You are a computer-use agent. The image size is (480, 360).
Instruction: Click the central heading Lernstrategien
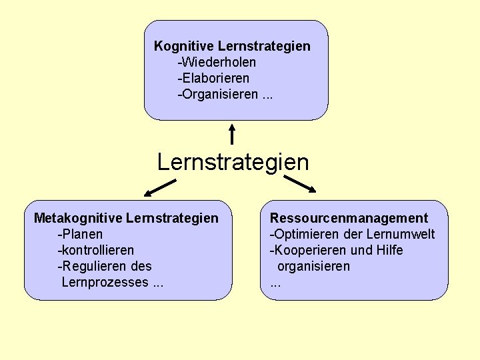pos(233,162)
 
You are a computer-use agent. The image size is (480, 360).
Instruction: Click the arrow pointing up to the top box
pos(232,134)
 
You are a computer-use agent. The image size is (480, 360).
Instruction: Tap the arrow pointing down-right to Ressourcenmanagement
pos(299,184)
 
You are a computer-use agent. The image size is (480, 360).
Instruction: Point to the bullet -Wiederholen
pos(217,62)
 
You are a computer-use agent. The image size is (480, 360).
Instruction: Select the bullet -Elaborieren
pos(213,78)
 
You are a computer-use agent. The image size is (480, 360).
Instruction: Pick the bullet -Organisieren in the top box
pos(217,94)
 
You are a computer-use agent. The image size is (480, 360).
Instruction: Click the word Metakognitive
pos(78,218)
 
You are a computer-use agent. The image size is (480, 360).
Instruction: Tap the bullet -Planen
pos(81,234)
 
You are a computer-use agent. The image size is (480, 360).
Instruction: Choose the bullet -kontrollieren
pos(96,250)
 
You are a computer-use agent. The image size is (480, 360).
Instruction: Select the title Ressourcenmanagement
pos(349,218)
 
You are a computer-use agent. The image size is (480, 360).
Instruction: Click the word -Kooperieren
pos(303,250)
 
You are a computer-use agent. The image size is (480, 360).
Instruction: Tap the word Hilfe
pos(389,250)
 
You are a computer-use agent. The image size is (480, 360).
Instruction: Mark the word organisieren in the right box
pos(313,266)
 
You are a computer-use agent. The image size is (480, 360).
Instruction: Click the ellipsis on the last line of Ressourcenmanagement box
pos(275,283)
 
